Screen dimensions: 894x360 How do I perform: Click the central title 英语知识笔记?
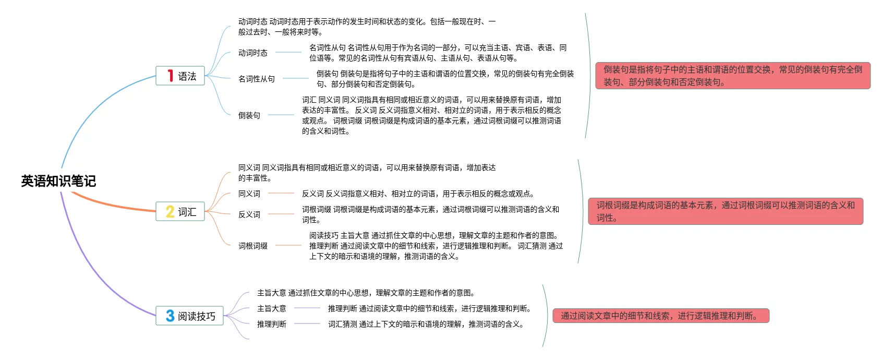tap(58, 181)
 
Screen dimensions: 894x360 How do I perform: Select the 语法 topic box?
tap(180, 76)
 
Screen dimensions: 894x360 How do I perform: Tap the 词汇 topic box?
tap(180, 212)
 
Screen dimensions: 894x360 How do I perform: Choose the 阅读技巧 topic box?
tap(190, 316)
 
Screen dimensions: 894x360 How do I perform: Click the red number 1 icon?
tap(170, 76)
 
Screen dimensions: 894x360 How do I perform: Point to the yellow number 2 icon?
tap(170, 212)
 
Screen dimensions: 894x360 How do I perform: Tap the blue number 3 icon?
tap(170, 316)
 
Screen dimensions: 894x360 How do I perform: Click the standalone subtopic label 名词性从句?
tap(257, 79)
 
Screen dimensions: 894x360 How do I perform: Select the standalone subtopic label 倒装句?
tap(249, 115)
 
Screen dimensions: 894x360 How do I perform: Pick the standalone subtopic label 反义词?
tap(249, 214)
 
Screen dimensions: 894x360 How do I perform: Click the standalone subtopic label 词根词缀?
tap(253, 246)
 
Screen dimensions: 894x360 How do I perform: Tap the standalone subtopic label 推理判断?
tap(272, 324)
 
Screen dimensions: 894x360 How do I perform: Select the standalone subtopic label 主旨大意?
tap(272, 308)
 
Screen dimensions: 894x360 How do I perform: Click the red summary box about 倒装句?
tap(733, 76)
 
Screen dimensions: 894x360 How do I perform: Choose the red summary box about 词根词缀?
tap(726, 211)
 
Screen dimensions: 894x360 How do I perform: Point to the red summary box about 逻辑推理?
tap(661, 316)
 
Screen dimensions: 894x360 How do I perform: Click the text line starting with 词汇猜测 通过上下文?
tap(426, 324)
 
